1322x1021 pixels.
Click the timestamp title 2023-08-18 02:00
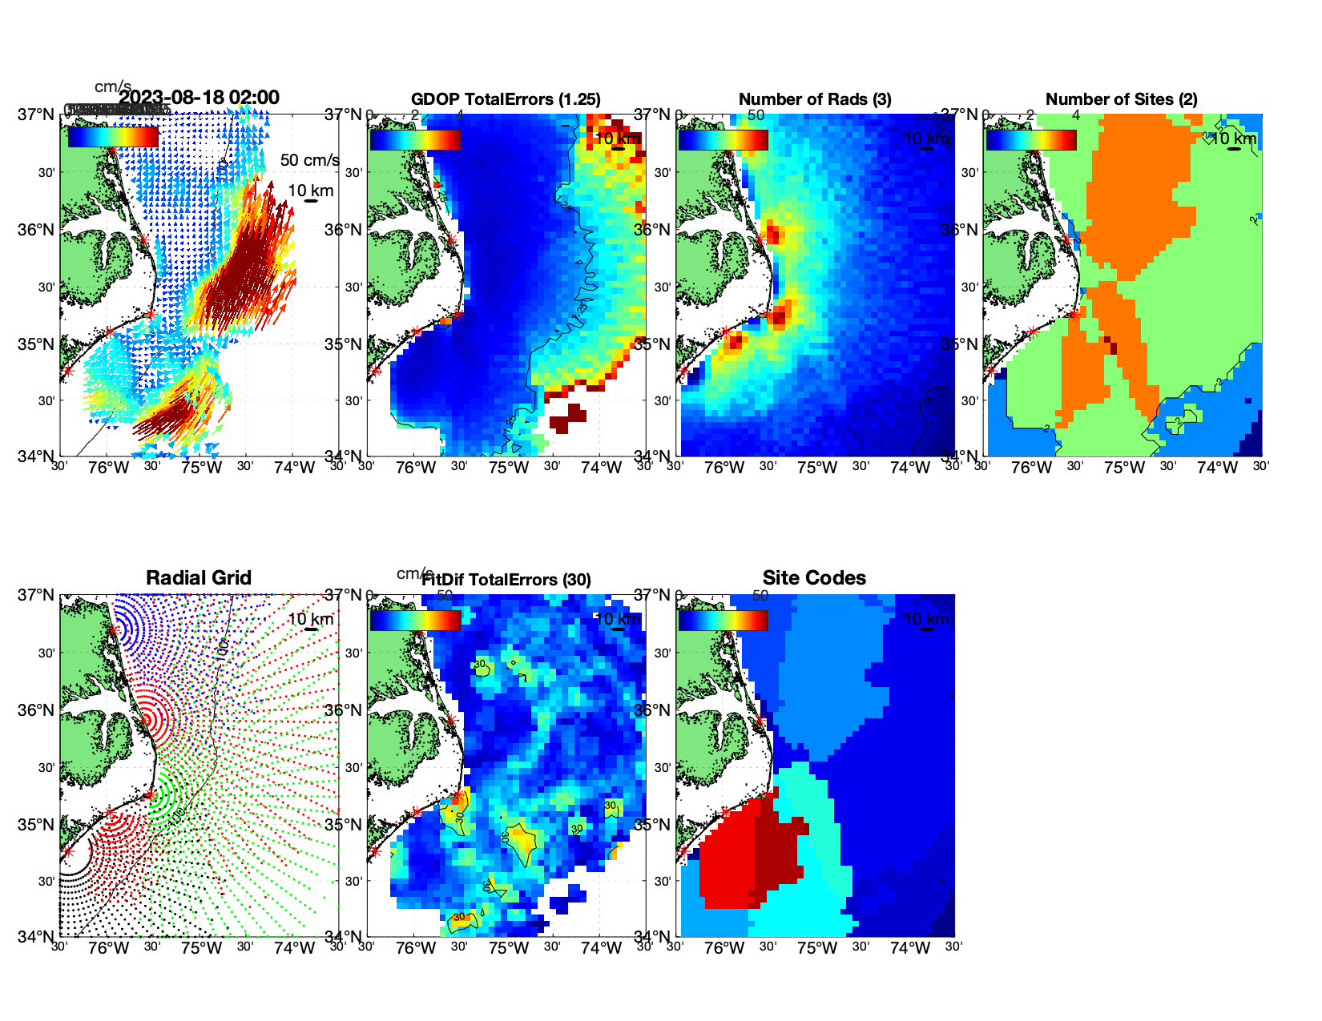click(x=200, y=98)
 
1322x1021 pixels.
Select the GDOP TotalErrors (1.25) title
click(x=506, y=99)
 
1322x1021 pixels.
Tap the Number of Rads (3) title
click(x=814, y=99)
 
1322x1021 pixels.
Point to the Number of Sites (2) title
click(x=1121, y=99)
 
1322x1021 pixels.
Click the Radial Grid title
click(x=199, y=578)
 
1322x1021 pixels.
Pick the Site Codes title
click(x=814, y=578)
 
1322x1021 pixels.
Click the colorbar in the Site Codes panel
click(x=723, y=621)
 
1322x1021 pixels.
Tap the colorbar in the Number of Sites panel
click(x=1031, y=139)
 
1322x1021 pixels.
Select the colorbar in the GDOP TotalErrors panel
click(x=415, y=139)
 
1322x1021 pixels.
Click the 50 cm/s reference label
click(x=309, y=160)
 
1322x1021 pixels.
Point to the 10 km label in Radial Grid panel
click(x=310, y=619)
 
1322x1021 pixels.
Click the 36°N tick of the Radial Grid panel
click(x=37, y=710)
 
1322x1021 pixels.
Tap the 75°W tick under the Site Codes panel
click(x=816, y=949)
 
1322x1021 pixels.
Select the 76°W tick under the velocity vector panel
click(x=109, y=468)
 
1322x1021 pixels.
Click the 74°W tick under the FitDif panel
click(x=601, y=949)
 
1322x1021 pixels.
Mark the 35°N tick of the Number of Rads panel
click(x=652, y=344)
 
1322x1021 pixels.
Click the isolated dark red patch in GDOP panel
click(x=569, y=417)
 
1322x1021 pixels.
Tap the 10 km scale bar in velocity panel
click(x=311, y=201)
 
